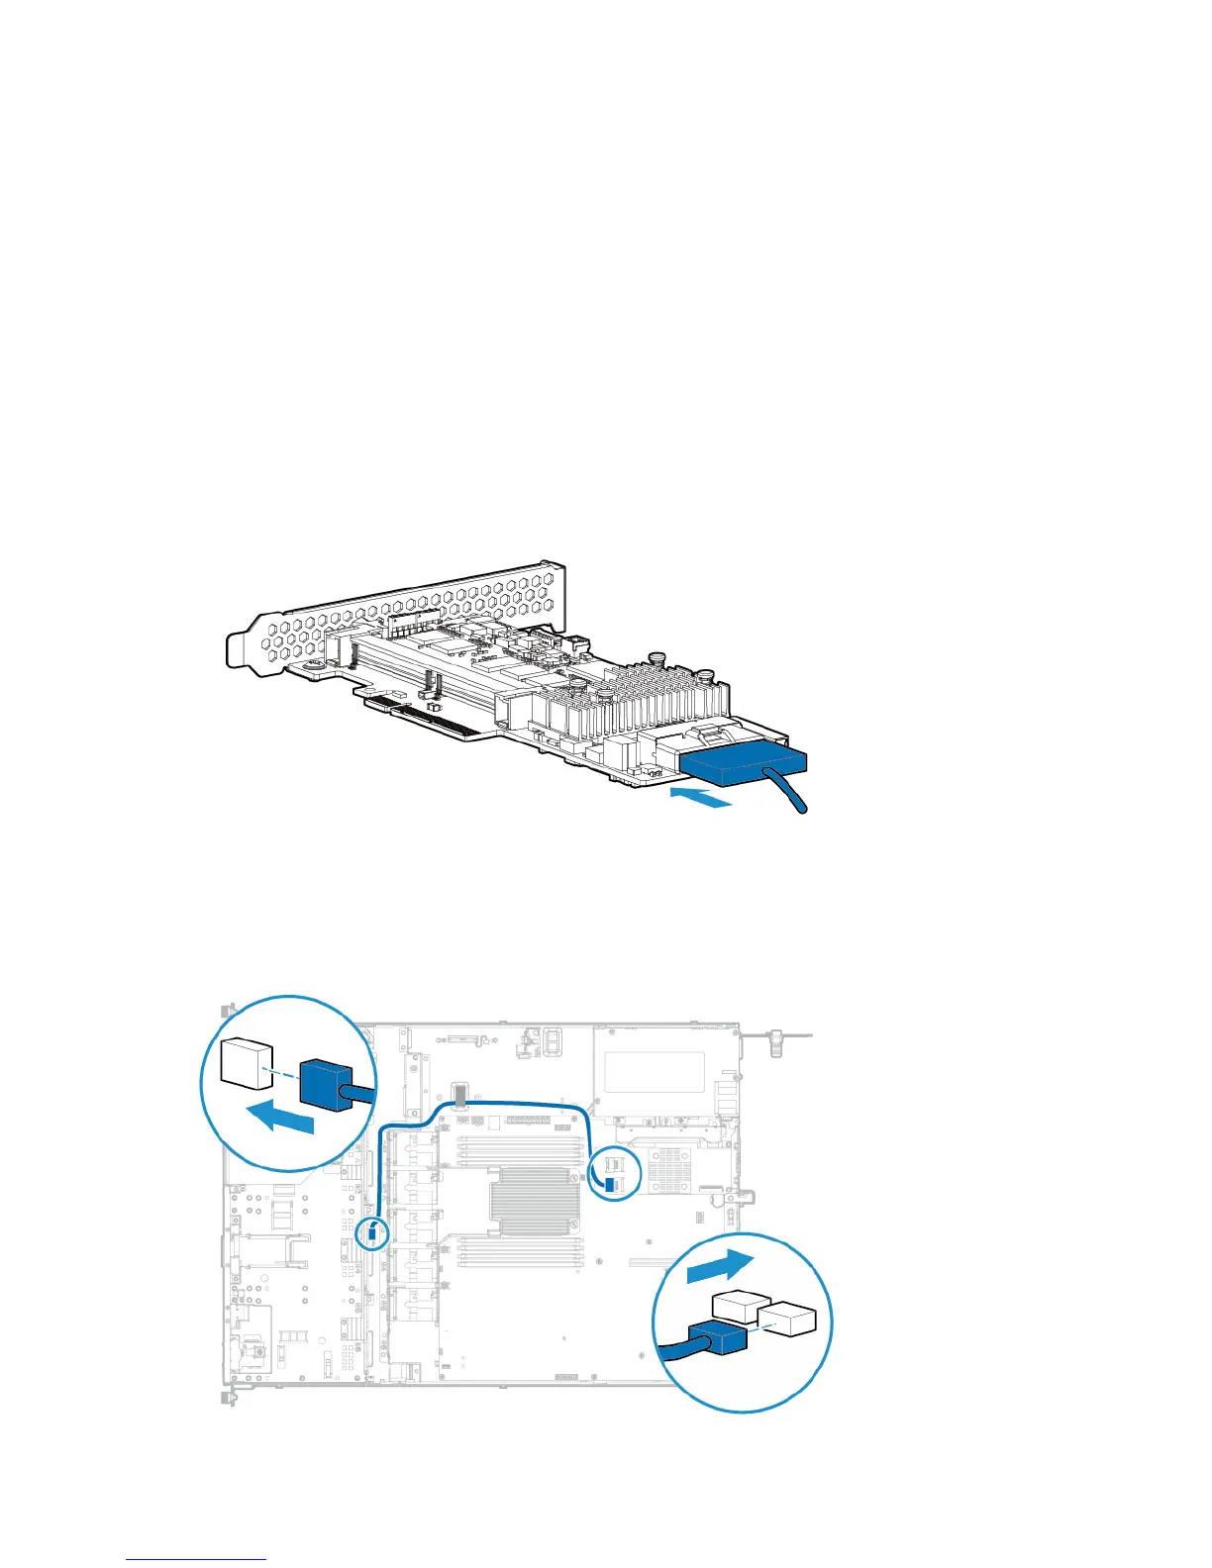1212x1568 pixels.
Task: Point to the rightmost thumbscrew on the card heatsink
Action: click(x=706, y=679)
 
